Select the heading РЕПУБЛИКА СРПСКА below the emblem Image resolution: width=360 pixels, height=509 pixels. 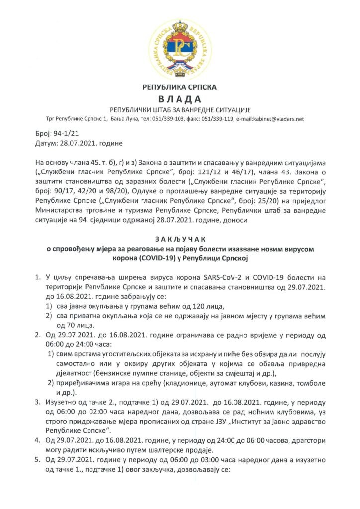point(180,87)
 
